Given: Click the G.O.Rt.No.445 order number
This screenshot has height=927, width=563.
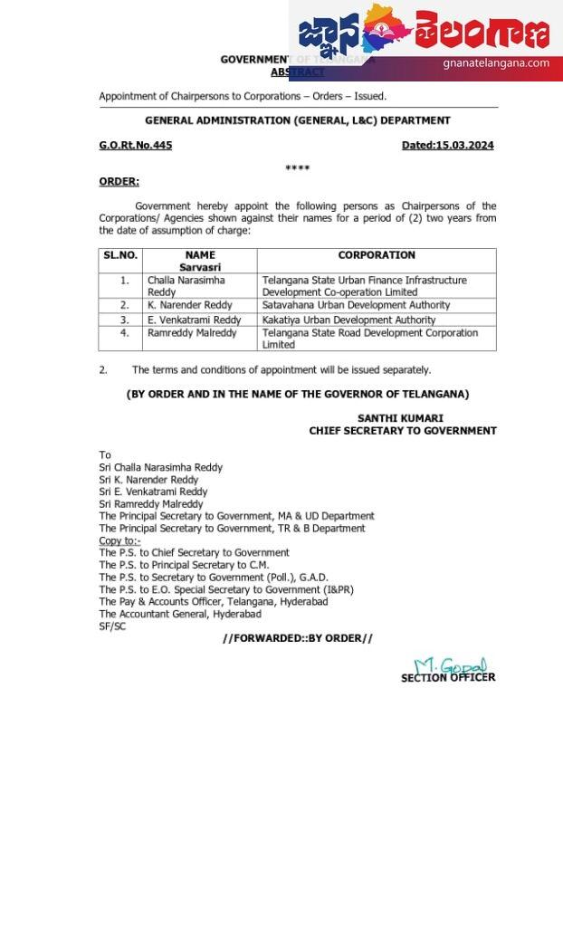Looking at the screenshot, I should (x=135, y=145).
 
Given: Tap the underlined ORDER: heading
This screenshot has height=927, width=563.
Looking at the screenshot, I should (x=119, y=181).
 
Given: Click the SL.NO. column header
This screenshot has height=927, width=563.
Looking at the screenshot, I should (x=120, y=255).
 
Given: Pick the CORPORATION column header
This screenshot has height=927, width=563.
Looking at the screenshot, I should (x=377, y=255).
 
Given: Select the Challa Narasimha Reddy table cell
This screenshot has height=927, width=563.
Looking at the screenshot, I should (x=186, y=286).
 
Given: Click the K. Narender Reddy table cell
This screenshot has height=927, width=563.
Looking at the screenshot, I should (x=190, y=305).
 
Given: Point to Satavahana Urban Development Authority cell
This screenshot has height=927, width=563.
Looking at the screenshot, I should (x=356, y=305).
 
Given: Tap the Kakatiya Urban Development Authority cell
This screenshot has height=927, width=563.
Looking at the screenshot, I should (x=348, y=320).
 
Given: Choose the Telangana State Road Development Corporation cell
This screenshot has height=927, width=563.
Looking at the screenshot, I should (x=370, y=338).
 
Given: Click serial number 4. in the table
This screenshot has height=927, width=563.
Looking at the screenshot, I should (x=125, y=333).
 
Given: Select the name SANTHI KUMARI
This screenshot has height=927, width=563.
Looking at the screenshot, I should (x=400, y=418).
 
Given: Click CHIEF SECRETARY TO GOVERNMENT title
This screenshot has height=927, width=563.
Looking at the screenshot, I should (x=402, y=431).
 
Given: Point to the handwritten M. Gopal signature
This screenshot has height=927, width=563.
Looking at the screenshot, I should (x=450, y=666).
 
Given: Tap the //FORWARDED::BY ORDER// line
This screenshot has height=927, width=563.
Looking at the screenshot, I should (x=297, y=638).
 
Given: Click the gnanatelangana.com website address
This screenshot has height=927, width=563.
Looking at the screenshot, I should (x=496, y=63).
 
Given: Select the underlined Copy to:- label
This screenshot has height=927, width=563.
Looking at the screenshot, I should (x=119, y=540).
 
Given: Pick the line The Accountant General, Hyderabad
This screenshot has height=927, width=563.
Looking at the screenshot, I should (x=180, y=614).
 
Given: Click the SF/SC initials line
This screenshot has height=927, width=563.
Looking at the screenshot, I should (x=112, y=626).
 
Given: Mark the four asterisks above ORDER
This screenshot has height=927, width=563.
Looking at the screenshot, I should (x=297, y=168).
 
